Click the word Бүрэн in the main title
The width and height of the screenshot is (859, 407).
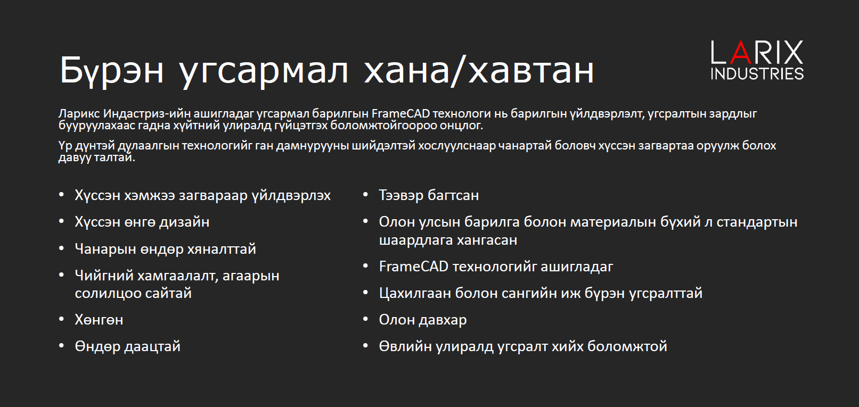tap(112, 71)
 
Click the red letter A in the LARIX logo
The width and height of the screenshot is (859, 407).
tap(741, 52)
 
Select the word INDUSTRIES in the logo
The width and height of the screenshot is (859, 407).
tap(757, 73)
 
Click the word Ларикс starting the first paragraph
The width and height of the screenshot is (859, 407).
tap(79, 113)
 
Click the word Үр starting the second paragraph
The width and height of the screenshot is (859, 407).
tap(65, 146)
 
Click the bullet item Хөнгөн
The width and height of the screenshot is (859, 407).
tap(99, 320)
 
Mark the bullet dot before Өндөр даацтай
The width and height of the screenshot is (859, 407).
tap(61, 346)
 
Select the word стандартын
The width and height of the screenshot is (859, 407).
tap(757, 222)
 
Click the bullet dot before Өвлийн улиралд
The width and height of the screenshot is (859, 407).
tap(365, 346)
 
